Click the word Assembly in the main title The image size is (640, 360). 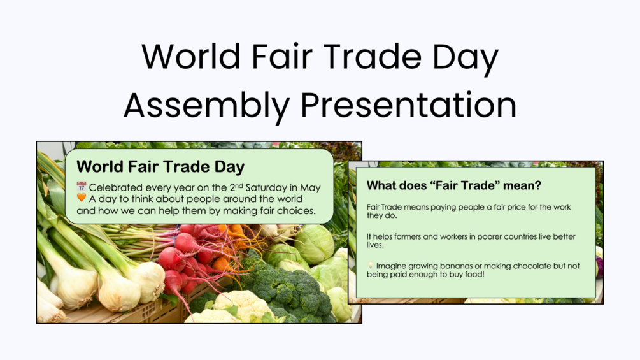pos(206,106)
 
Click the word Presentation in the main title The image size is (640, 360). pos(409,105)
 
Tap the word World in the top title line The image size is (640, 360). pos(191,56)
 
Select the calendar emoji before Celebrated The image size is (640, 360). pos(82,187)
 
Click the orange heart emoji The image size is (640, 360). pos(82,198)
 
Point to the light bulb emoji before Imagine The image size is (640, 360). pos(370,265)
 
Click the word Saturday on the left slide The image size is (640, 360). pos(266,188)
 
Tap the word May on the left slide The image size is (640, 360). pos(310,188)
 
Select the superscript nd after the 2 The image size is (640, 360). pos(239,185)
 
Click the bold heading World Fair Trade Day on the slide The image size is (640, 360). pos(160,166)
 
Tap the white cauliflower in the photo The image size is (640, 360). pos(237,308)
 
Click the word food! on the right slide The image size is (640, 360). pos(474,274)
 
